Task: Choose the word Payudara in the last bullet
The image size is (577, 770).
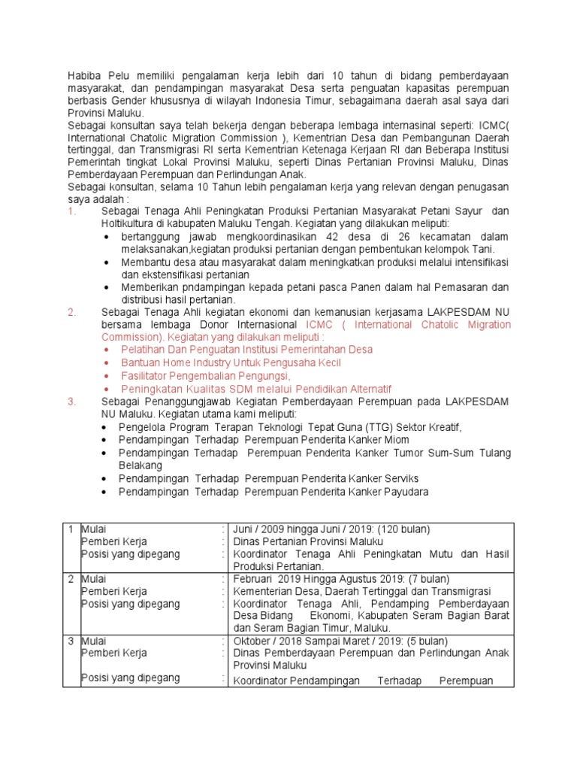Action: tap(403, 491)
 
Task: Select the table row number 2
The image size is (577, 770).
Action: tap(71, 579)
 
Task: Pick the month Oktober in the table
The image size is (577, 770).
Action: tap(255, 641)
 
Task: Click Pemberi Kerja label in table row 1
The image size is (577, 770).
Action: tap(113, 541)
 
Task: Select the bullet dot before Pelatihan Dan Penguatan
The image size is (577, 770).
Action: tap(106, 350)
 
